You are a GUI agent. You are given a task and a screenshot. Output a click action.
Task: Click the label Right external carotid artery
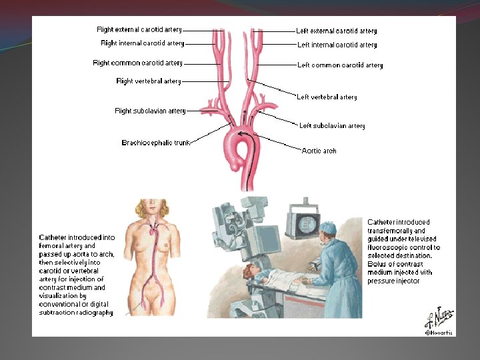139,29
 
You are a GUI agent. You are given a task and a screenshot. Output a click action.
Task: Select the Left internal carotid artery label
337,45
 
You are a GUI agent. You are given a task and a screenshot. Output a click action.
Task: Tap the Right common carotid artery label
137,63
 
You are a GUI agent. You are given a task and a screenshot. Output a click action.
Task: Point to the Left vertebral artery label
327,97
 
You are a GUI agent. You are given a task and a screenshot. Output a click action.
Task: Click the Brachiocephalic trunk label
155,143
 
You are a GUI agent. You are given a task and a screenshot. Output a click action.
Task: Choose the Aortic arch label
319,151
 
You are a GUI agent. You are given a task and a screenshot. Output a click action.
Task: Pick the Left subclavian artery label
332,125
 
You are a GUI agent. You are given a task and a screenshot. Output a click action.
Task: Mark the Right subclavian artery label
150,111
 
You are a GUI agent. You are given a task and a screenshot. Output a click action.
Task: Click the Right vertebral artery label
149,81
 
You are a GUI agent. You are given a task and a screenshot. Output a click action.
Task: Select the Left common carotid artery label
340,65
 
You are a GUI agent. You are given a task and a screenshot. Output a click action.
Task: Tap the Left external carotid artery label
337,31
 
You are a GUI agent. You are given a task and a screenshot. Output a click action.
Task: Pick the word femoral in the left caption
51,245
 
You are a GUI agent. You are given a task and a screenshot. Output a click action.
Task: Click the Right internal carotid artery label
142,43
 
